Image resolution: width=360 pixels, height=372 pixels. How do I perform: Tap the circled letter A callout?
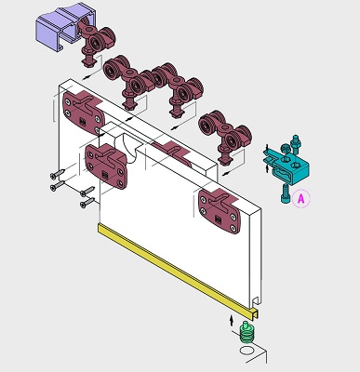[x=301, y=198]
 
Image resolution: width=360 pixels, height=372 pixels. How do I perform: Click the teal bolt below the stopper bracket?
[x=285, y=193]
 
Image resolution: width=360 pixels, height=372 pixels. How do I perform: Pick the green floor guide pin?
[x=247, y=332]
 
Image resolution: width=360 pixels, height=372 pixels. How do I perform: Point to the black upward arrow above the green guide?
[x=231, y=320]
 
